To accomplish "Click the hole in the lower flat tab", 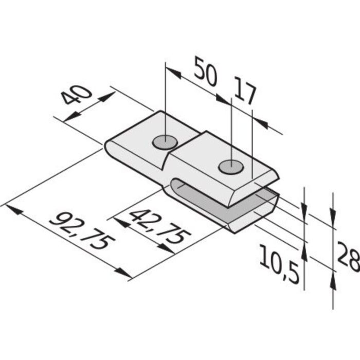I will [x=164, y=141].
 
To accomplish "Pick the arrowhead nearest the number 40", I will [x=106, y=97].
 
